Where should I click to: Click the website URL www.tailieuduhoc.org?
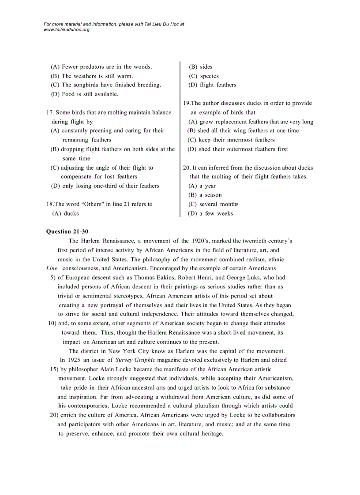pyautogui.click(x=67, y=30)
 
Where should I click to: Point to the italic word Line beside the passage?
pyautogui.click(x=52, y=268)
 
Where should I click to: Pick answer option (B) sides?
pyautogui.click(x=200, y=67)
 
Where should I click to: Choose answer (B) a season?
pyautogui.click(x=205, y=195)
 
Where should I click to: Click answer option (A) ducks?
pyautogui.click(x=65, y=213)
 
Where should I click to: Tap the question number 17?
pyautogui.click(x=49, y=112)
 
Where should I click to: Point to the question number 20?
pyautogui.click(x=186, y=167)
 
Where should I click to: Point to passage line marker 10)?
pyautogui.click(x=52, y=323)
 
